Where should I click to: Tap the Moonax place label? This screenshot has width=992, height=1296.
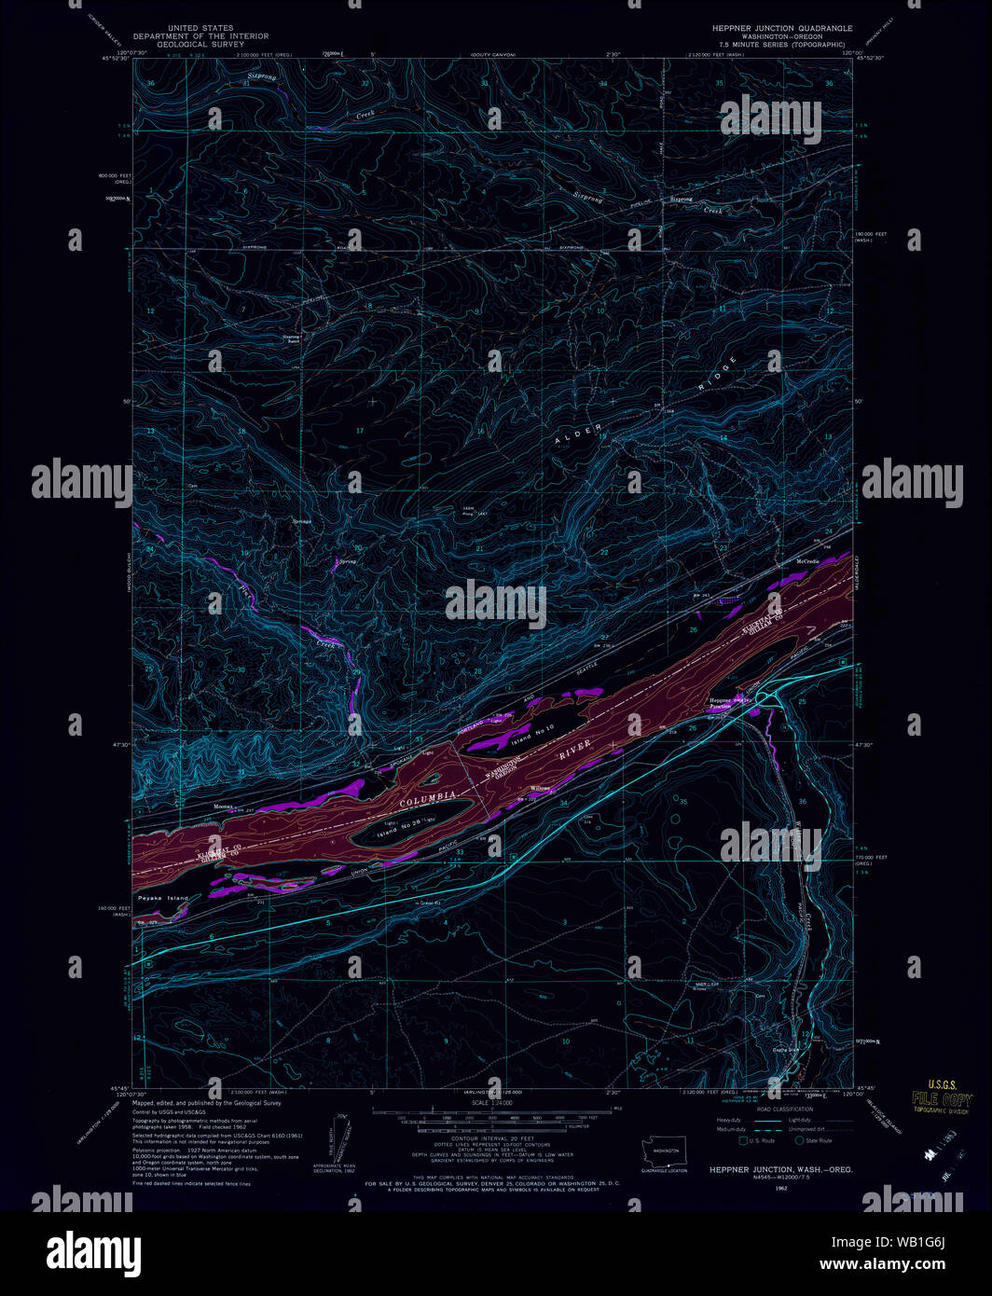224,806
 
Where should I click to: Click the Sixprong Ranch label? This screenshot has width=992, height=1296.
293,338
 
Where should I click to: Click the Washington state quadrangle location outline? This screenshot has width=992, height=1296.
665,1150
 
